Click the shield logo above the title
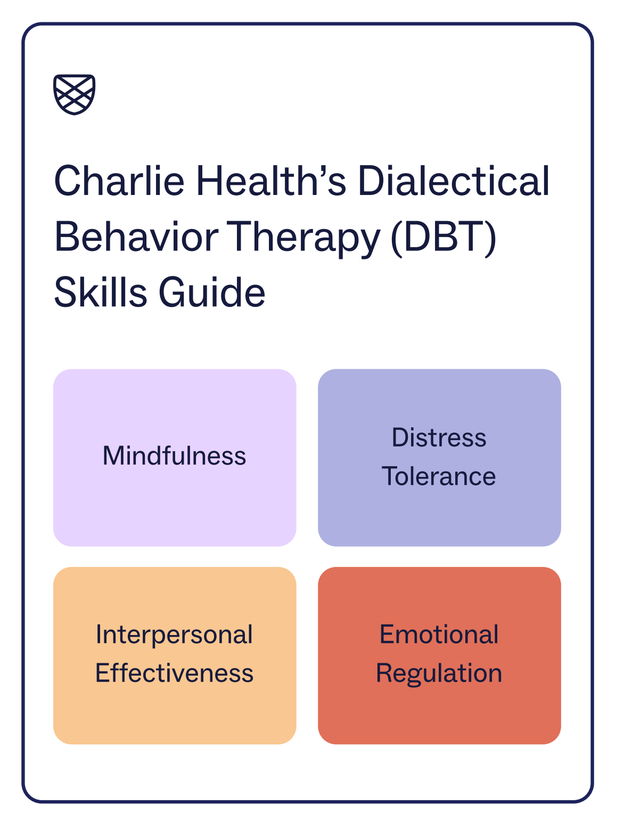74,94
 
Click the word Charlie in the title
119,181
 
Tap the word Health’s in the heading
271,181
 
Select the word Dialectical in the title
453,181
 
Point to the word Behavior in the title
136,237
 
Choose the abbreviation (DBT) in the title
443,238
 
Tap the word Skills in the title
100,292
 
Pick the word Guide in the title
212,292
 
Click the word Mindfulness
174,456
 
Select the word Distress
439,437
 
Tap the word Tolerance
439,476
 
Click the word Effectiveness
174,673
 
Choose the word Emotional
439,634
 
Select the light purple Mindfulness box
175,457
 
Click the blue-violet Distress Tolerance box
439,457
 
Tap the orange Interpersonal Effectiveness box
175,656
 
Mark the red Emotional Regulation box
439,656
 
